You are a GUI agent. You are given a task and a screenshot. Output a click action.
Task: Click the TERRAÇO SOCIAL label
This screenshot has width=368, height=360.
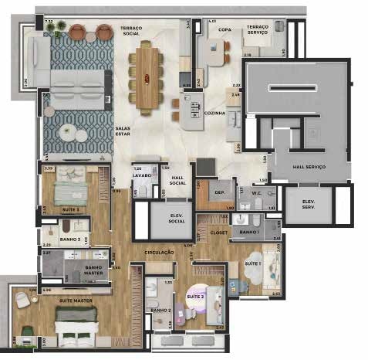tap(131, 31)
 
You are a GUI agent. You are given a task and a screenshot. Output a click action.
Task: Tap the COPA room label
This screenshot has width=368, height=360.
tap(225, 29)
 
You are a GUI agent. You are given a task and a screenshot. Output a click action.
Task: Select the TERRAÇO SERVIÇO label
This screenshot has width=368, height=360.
tap(258, 31)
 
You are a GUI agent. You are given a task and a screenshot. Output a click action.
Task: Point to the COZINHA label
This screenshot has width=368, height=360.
tap(216, 114)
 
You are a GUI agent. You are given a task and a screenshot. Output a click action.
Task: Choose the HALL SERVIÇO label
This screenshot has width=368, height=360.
tap(309, 167)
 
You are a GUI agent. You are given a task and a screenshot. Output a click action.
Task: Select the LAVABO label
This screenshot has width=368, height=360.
tap(141, 175)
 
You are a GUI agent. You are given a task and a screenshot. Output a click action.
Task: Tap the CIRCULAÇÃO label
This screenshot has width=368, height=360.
tap(158, 253)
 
